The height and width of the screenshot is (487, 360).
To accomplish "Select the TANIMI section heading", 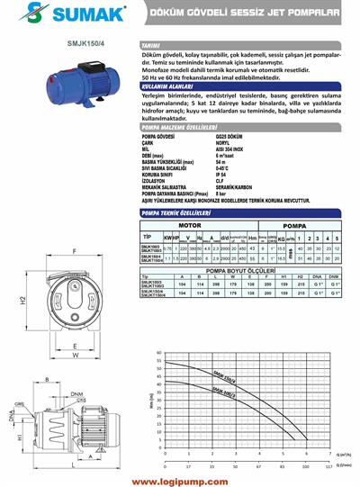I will coord(151,44).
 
